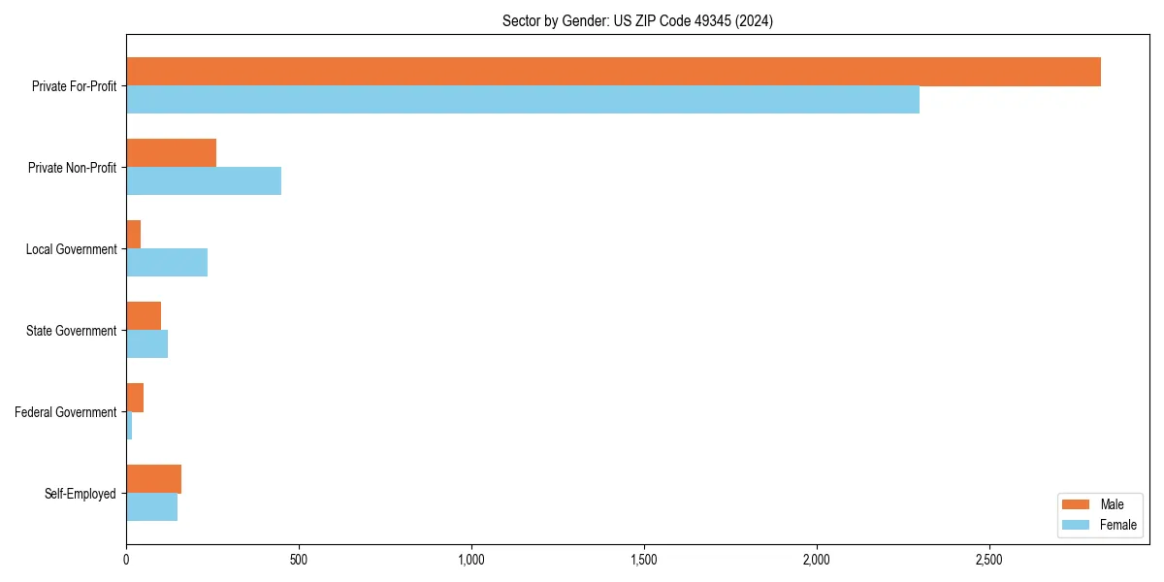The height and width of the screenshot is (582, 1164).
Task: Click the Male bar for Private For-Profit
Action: (x=613, y=72)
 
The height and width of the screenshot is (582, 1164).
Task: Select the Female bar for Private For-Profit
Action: (x=523, y=100)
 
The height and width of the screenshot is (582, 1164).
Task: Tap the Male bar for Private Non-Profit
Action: (x=171, y=153)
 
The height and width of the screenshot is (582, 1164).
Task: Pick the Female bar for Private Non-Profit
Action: (x=204, y=181)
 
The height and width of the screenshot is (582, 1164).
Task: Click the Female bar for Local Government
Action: (x=167, y=263)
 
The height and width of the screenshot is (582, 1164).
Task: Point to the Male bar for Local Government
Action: (x=134, y=235)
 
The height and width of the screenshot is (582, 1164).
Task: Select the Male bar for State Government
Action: (x=144, y=316)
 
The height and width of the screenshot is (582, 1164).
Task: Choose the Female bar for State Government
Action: (x=146, y=344)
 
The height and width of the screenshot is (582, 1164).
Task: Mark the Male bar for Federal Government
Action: (x=135, y=398)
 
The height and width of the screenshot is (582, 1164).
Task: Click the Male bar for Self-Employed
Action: (x=153, y=479)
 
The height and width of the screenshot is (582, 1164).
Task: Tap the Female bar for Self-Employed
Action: (x=151, y=507)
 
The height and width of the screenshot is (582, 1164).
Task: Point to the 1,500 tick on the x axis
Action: (x=644, y=561)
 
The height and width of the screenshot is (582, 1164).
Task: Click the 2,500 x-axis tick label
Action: (x=989, y=561)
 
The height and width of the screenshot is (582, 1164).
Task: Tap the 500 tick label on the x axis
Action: (x=299, y=561)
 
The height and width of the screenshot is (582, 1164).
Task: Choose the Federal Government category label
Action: (x=66, y=412)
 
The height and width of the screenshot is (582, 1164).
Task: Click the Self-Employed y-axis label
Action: (x=81, y=494)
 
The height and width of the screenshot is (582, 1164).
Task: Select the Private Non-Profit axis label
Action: (x=72, y=168)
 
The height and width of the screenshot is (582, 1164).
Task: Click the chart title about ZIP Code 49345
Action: (x=637, y=20)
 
